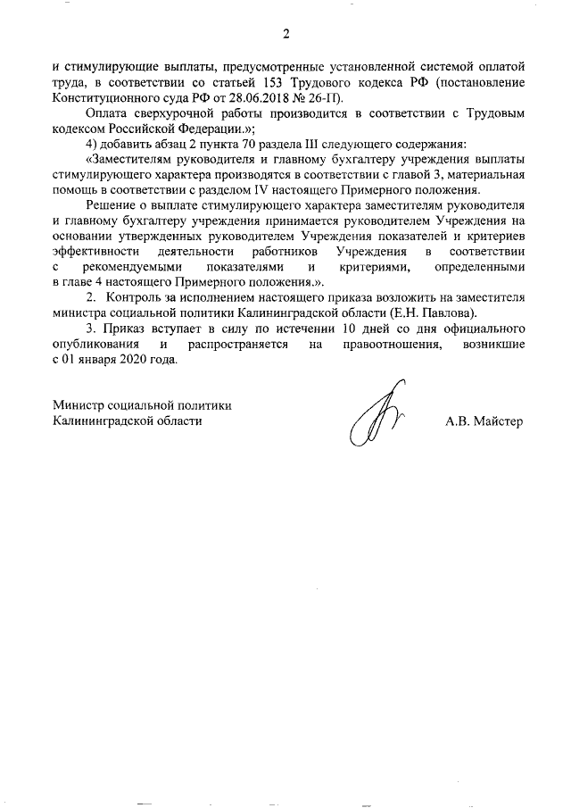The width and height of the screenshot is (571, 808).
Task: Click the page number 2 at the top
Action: click(x=285, y=35)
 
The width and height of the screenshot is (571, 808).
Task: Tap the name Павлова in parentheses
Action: click(x=451, y=313)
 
